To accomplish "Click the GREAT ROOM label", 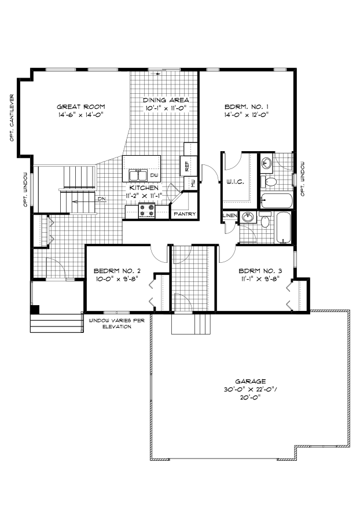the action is point(81,107).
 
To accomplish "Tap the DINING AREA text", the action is point(166,100).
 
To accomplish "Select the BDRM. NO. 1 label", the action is point(246,107).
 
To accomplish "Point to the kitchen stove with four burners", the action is point(146,211).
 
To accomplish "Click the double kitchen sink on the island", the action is point(138,175).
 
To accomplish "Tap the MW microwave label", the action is point(193,183).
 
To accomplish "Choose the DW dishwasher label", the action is point(154,175).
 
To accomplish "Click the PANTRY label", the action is point(185,214).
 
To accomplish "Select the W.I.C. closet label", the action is point(235,182).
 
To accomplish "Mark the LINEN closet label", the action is point(230,215).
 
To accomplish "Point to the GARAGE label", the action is point(251,381).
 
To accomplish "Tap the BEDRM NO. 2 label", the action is point(117,271).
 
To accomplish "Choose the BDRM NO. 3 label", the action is point(260,271).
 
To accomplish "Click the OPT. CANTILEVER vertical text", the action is point(12,118).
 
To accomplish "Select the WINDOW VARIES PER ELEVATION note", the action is point(117,324).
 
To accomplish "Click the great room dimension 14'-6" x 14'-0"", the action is point(81,115).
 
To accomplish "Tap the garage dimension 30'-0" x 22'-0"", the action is point(249,390).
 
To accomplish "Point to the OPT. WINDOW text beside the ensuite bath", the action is point(303,179).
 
